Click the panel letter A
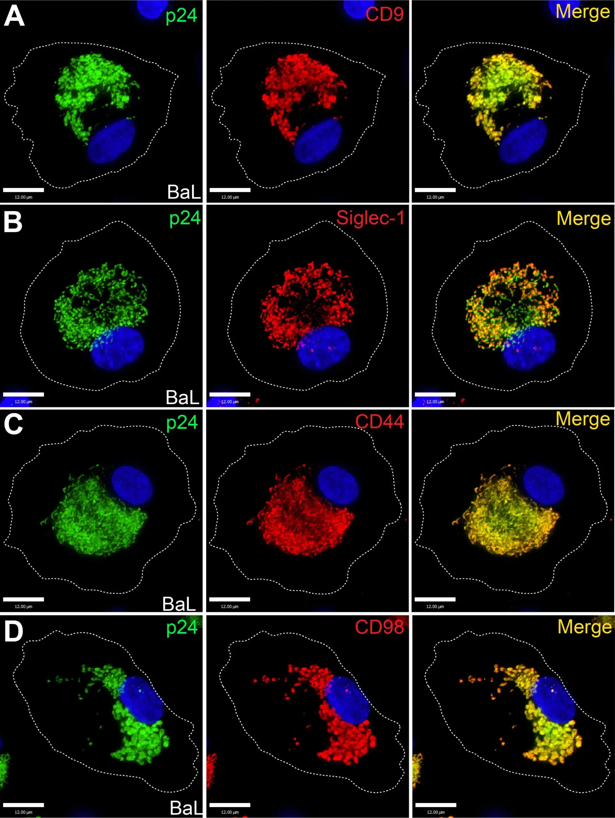pyautogui.click(x=14, y=16)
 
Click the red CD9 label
pyautogui.click(x=384, y=14)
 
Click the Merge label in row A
pyautogui.click(x=583, y=12)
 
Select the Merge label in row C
pyautogui.click(x=583, y=419)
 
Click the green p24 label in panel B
pyautogui.click(x=185, y=218)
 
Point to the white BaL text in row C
pyautogui.click(x=179, y=604)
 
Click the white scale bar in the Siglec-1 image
pyautogui.click(x=230, y=395)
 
